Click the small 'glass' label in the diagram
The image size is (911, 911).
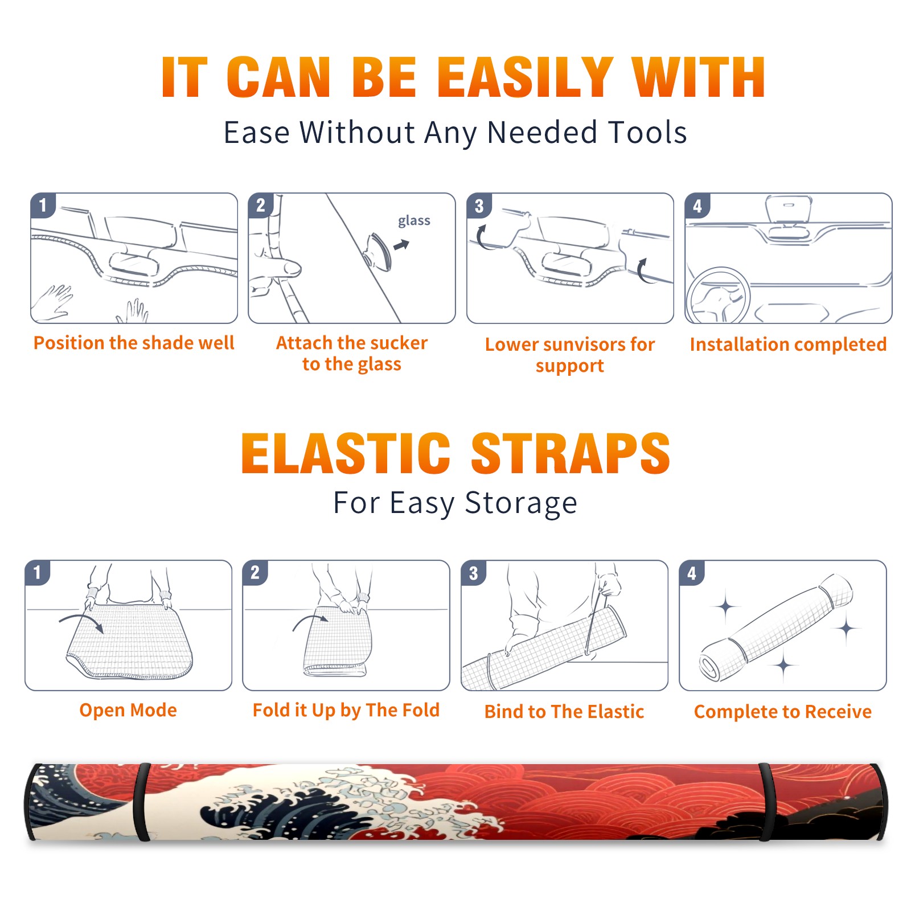coord(414,221)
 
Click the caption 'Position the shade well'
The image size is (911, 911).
coord(134,343)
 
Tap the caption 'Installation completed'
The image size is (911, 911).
coord(788,344)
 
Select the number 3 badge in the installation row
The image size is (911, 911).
coord(479,206)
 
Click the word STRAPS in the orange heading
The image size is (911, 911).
coord(571,453)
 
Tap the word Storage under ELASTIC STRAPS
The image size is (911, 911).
coord(521,503)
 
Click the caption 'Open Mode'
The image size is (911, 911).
coord(128,710)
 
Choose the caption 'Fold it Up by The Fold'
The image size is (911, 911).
coord(346,710)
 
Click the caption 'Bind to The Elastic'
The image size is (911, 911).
coord(564,712)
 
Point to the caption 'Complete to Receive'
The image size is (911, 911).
coord(783,712)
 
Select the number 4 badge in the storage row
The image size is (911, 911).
coord(691,573)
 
